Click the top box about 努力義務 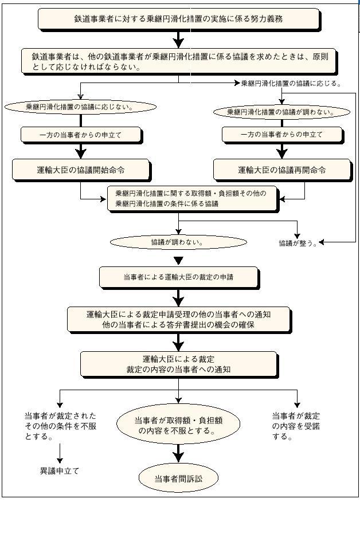pos(178,18)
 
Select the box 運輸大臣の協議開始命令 pos(81,170)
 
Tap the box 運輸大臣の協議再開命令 pos(281,170)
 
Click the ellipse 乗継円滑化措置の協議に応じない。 pos(80,107)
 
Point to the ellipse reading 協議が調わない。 pos(178,242)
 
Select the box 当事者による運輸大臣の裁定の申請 pos(178,277)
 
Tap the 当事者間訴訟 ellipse pos(178,478)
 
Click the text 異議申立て pos(60,471)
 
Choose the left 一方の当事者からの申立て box pos(81,135)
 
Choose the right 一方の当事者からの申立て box pos(281,135)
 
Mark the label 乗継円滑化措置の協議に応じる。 pos(291,83)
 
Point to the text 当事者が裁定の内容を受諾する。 pos(296,426)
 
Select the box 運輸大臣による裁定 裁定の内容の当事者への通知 pos(178,364)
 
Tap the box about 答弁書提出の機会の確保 pos(178,319)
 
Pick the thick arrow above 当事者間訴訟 pos(178,453)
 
